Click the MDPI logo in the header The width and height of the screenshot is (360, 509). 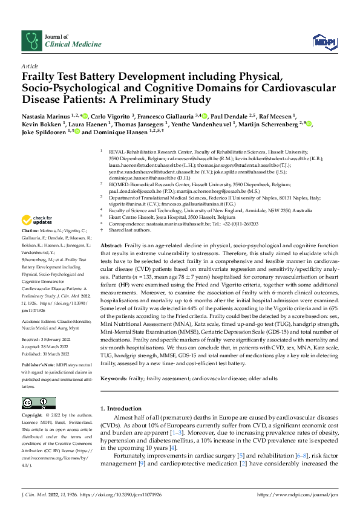tap(323, 41)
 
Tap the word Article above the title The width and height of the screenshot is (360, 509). tap(29, 66)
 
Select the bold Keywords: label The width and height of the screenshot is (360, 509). tap(116, 378)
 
